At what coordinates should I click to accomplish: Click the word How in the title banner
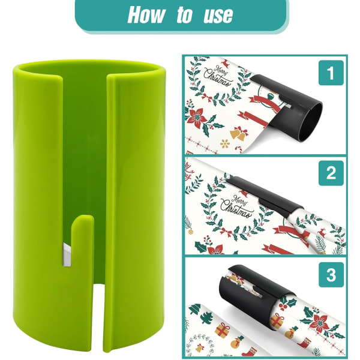(146, 14)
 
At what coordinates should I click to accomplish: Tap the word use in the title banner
(218, 15)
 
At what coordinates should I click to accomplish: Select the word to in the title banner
(184, 14)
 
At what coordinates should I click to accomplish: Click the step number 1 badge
(331, 73)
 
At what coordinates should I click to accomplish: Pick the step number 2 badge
(331, 173)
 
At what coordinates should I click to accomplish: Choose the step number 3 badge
(331, 275)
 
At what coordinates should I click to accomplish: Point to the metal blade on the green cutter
(67, 255)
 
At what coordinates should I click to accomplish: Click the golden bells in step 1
(239, 133)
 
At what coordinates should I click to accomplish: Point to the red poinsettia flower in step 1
(197, 118)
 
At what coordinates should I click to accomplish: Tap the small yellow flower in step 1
(225, 143)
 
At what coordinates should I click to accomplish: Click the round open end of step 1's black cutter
(314, 122)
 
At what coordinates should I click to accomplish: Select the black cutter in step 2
(264, 196)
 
